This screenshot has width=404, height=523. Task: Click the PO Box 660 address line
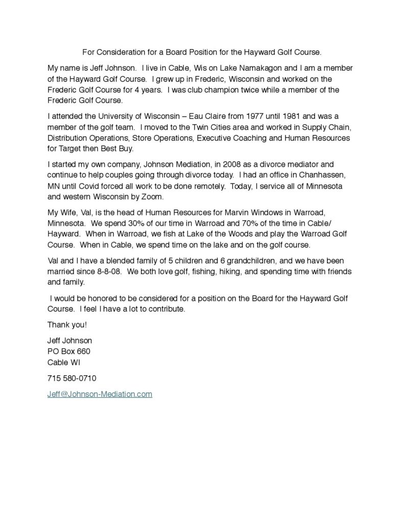[69, 351]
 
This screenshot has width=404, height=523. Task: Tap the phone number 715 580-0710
[72, 378]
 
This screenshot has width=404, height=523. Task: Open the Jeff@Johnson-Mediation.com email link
[100, 394]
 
